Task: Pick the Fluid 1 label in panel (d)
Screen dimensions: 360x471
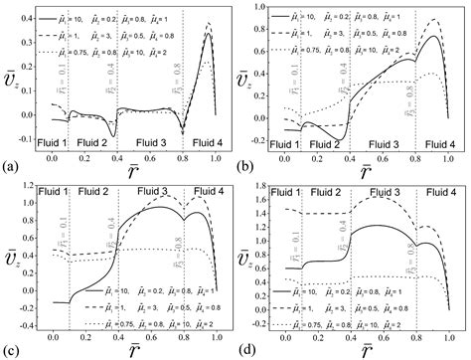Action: tap(284, 190)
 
